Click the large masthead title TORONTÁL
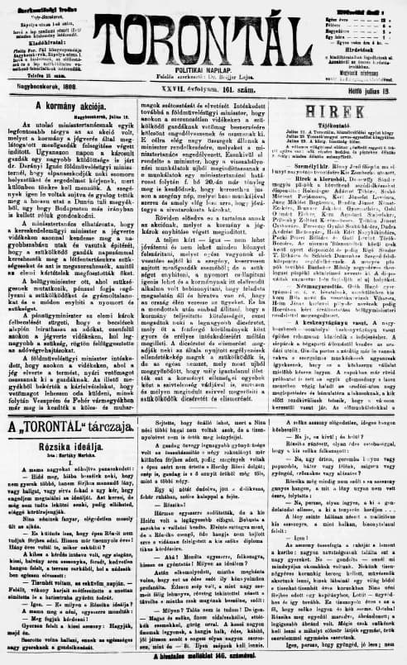[x=204, y=24]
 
